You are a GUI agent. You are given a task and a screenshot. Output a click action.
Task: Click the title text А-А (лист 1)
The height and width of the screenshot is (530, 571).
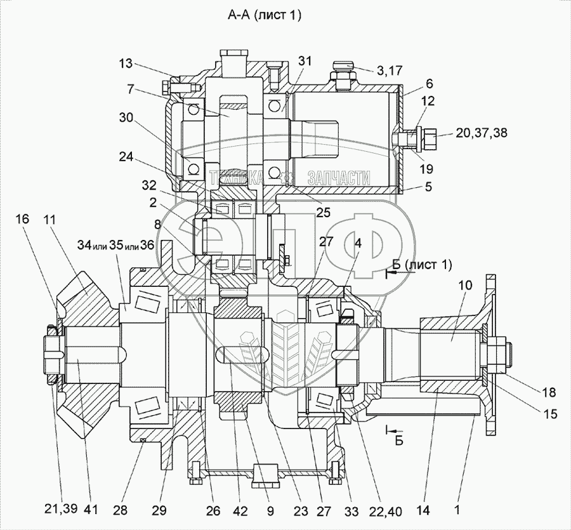pyautogui.click(x=265, y=17)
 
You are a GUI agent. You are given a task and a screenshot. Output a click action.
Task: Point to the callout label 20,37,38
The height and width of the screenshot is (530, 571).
pyautogui.click(x=481, y=132)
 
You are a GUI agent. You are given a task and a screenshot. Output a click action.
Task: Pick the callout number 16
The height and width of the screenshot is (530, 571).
pyautogui.click(x=22, y=219)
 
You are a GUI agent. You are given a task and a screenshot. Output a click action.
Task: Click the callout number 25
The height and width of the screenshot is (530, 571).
pyautogui.click(x=323, y=213)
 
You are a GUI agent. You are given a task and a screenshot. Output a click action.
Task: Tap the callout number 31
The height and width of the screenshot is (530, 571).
pyautogui.click(x=305, y=61)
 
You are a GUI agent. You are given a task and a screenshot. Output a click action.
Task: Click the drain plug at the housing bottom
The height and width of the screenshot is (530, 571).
pyautogui.click(x=263, y=475)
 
